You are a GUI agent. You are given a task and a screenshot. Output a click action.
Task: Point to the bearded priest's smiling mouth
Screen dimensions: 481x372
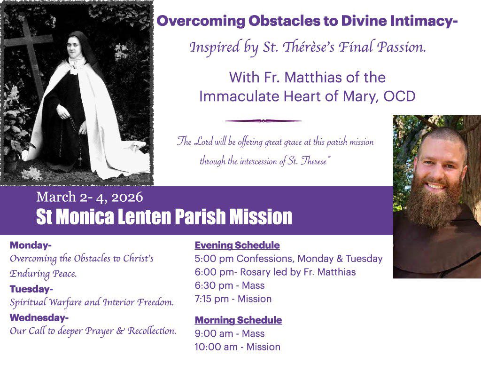[436, 186]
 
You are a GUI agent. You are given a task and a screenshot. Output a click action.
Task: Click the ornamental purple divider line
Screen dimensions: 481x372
[263, 121]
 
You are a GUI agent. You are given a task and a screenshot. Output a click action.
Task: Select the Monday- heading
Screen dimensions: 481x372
[31, 245]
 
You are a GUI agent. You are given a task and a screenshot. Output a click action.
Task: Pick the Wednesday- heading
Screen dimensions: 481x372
[39, 317]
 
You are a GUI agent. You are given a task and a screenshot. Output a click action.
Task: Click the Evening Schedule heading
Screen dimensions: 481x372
[237, 245]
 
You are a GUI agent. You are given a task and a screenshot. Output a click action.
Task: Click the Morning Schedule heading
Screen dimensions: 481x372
[238, 320]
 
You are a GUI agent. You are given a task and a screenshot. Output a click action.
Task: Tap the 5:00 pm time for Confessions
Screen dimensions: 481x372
[214, 259]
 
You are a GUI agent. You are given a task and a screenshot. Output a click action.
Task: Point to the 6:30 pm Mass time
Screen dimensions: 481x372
[214, 285]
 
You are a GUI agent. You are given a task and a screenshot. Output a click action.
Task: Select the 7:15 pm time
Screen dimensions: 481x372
[212, 299]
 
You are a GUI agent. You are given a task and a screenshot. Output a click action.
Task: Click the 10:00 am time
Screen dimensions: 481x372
[216, 347]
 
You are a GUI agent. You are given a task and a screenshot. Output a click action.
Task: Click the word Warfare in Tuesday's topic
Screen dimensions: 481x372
[65, 302]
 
